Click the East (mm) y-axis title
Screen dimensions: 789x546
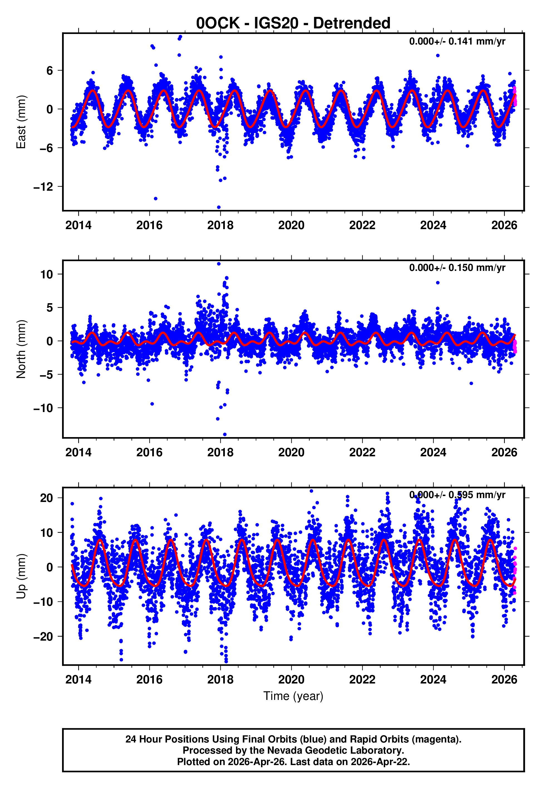point(21,122)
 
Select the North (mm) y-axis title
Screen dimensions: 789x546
point(21,349)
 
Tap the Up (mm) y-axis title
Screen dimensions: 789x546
point(21,576)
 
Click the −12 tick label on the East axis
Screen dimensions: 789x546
point(43,187)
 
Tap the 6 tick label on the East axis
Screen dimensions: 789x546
point(50,70)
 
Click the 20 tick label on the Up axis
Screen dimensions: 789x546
point(46,498)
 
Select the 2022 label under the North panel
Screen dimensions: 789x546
point(362,452)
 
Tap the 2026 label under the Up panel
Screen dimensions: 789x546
point(504,680)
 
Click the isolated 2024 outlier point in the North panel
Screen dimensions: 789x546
point(437,283)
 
